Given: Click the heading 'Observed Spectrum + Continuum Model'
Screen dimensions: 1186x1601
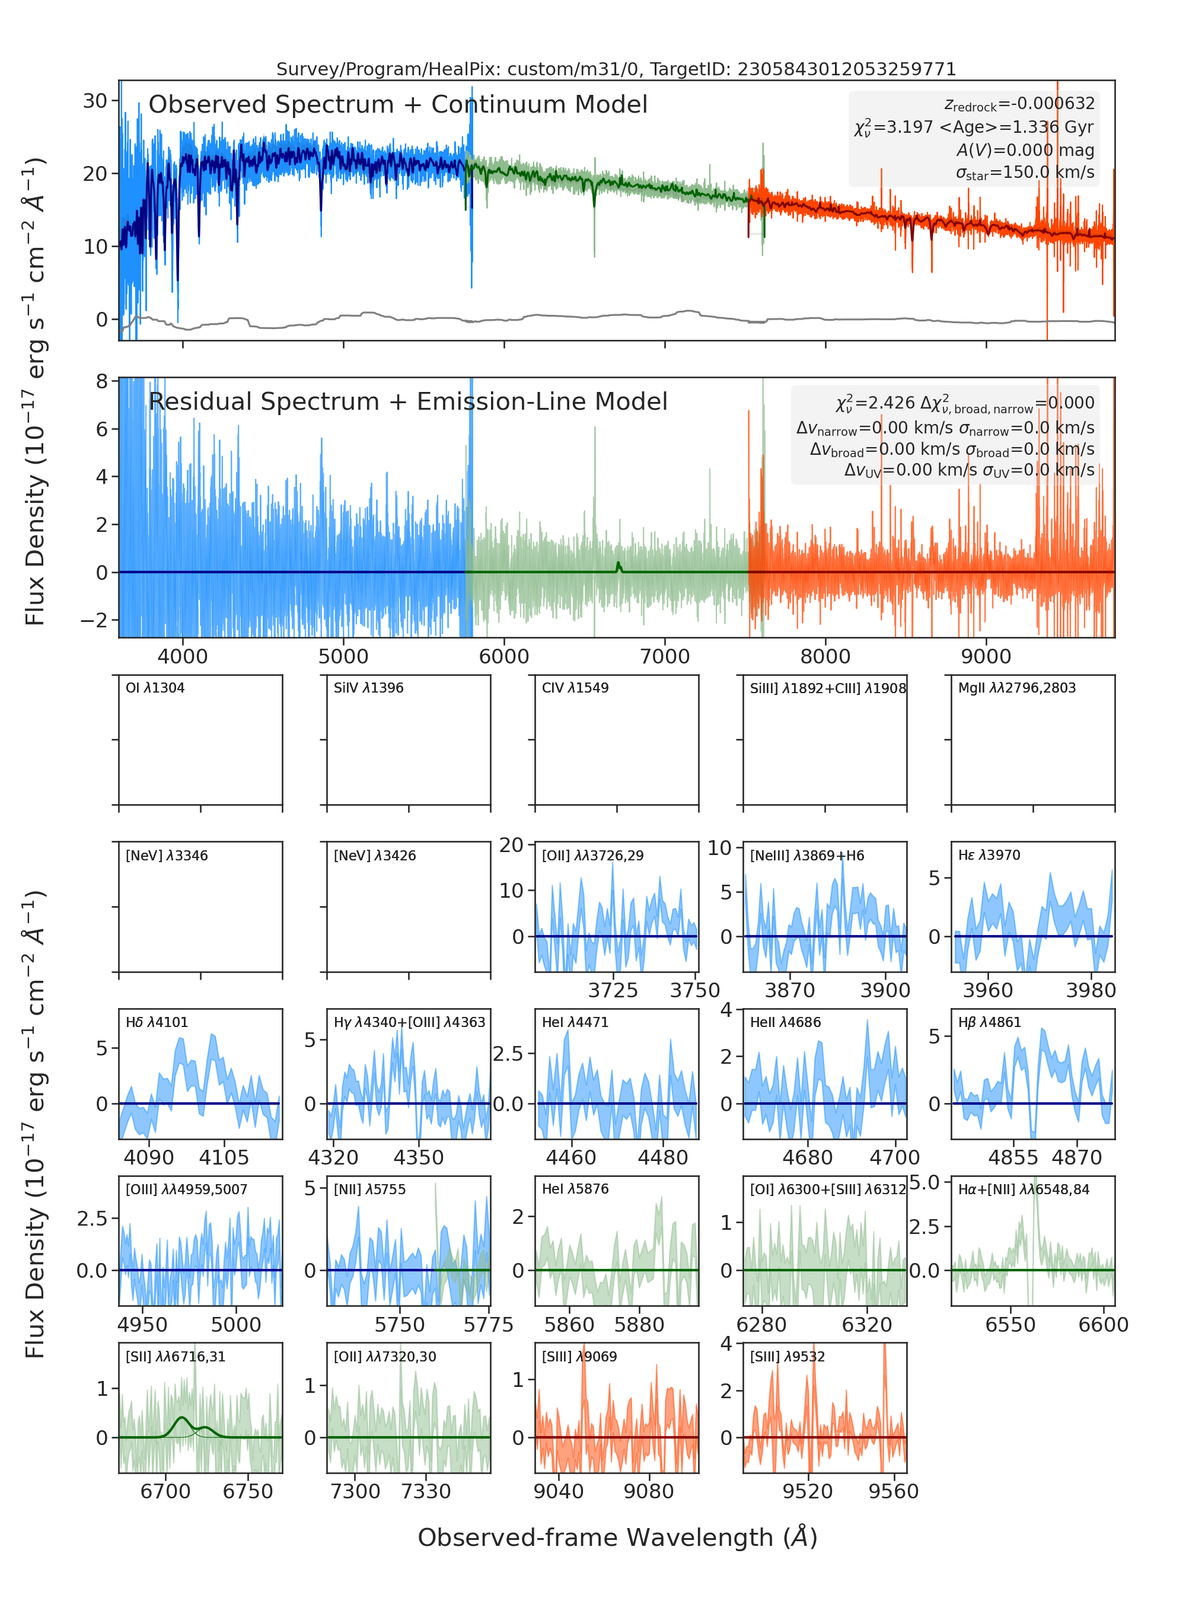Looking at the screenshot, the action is pos(398,105).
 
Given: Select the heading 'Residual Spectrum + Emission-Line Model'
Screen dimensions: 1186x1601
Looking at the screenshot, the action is pos(408,401).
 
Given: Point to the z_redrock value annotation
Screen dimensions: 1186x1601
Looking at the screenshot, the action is pos(1019,104).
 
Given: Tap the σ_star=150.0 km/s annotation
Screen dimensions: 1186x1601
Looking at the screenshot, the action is pos(1025,173).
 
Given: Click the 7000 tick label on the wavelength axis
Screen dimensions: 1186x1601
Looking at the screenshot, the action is pos(665,656).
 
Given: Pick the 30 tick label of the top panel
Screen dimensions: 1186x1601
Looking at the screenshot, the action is pos(95,101).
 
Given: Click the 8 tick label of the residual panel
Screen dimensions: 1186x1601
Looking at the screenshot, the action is pos(102,381).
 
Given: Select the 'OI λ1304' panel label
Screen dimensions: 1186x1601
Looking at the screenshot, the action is pos(155,688).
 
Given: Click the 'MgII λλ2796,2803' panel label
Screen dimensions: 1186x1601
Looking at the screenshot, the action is pos(1017,688).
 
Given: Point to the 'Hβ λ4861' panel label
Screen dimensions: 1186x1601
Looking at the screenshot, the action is pos(989,1022).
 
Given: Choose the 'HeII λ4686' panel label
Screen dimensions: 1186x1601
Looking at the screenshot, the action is pos(785,1022).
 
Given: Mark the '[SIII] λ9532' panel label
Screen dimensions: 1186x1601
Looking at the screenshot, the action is pos(788,1356).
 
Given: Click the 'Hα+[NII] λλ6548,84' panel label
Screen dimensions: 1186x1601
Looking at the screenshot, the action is pos(1024,1189).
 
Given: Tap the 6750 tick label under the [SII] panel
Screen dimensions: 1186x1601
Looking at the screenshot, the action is pos(248,1491).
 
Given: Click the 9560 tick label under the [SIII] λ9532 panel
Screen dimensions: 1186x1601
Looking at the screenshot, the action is pos(893,1491).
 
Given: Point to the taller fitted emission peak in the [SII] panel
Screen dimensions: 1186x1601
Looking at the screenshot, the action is pos(181,1417).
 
